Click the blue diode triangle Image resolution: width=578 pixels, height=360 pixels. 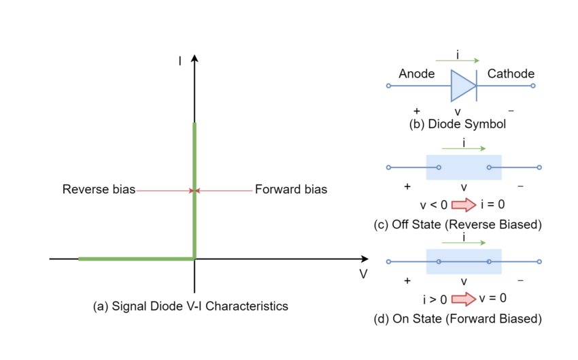pyautogui.click(x=461, y=86)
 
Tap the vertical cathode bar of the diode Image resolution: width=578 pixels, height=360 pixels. pyautogui.click(x=476, y=86)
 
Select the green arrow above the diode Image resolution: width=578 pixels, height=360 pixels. pyautogui.click(x=457, y=61)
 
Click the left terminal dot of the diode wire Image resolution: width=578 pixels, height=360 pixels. pyautogui.click(x=388, y=86)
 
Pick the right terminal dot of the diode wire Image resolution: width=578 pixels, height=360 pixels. pyautogui.click(x=532, y=86)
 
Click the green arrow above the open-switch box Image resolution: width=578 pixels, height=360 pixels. pyautogui.click(x=463, y=148)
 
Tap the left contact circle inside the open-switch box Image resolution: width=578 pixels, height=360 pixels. pyautogui.click(x=439, y=167)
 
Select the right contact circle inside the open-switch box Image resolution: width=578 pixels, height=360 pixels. pyautogui.click(x=489, y=167)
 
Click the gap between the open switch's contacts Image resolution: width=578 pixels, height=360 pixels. pyautogui.click(x=464, y=167)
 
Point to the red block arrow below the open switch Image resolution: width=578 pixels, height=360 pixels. pyautogui.click(x=464, y=205)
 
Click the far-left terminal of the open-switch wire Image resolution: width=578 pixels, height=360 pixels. pyautogui.click(x=388, y=167)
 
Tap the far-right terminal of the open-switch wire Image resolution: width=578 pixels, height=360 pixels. pyautogui.click(x=539, y=167)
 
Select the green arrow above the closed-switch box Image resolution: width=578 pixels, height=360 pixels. pyautogui.click(x=463, y=242)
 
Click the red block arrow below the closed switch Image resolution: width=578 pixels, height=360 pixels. pyautogui.click(x=464, y=299)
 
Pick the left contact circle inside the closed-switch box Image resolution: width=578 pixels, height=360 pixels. pyautogui.click(x=439, y=261)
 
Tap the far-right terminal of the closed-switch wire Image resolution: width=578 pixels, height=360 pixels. pyautogui.click(x=539, y=261)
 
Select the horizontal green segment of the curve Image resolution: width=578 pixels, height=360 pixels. pyautogui.click(x=136, y=259)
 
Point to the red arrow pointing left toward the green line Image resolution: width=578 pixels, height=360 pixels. pyautogui.click(x=224, y=191)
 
